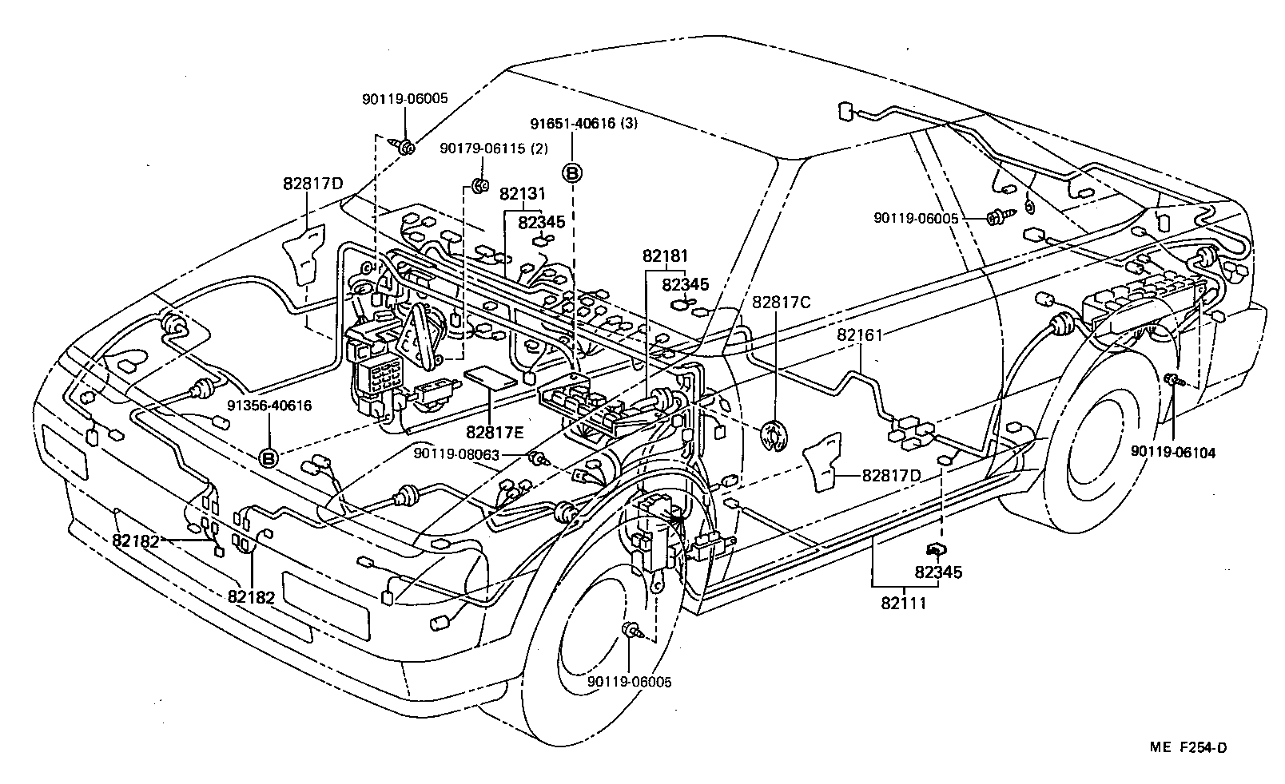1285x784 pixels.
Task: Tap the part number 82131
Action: [522, 193]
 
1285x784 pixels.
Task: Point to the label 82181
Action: [665, 255]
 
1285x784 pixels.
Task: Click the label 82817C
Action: [781, 303]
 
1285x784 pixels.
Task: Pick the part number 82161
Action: [860, 335]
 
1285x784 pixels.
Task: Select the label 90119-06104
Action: [1172, 452]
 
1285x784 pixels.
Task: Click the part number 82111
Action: [903, 603]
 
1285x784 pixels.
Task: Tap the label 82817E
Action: [495, 432]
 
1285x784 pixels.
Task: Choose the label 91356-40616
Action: [269, 406]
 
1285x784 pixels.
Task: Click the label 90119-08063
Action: [467, 454]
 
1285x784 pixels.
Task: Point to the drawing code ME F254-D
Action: [1188, 747]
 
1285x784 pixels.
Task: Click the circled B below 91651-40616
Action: [573, 172]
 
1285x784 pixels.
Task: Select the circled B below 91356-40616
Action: [269, 458]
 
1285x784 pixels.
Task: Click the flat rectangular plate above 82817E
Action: [490, 378]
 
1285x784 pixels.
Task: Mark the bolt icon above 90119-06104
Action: [1172, 380]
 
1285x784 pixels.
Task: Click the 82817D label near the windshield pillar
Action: [312, 184]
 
